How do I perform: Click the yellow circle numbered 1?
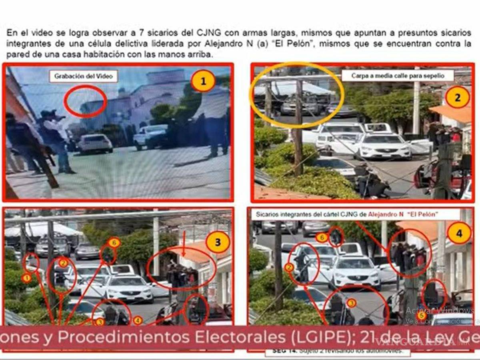point(203,82)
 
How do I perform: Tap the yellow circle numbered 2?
point(457,97)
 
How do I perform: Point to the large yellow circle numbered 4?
point(459,233)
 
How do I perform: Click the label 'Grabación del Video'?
point(83,76)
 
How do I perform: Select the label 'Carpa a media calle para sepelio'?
point(398,76)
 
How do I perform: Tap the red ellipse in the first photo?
point(85,101)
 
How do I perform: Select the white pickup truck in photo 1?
point(151,136)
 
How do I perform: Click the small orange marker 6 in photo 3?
point(114,243)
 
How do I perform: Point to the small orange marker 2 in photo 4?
point(289,267)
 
